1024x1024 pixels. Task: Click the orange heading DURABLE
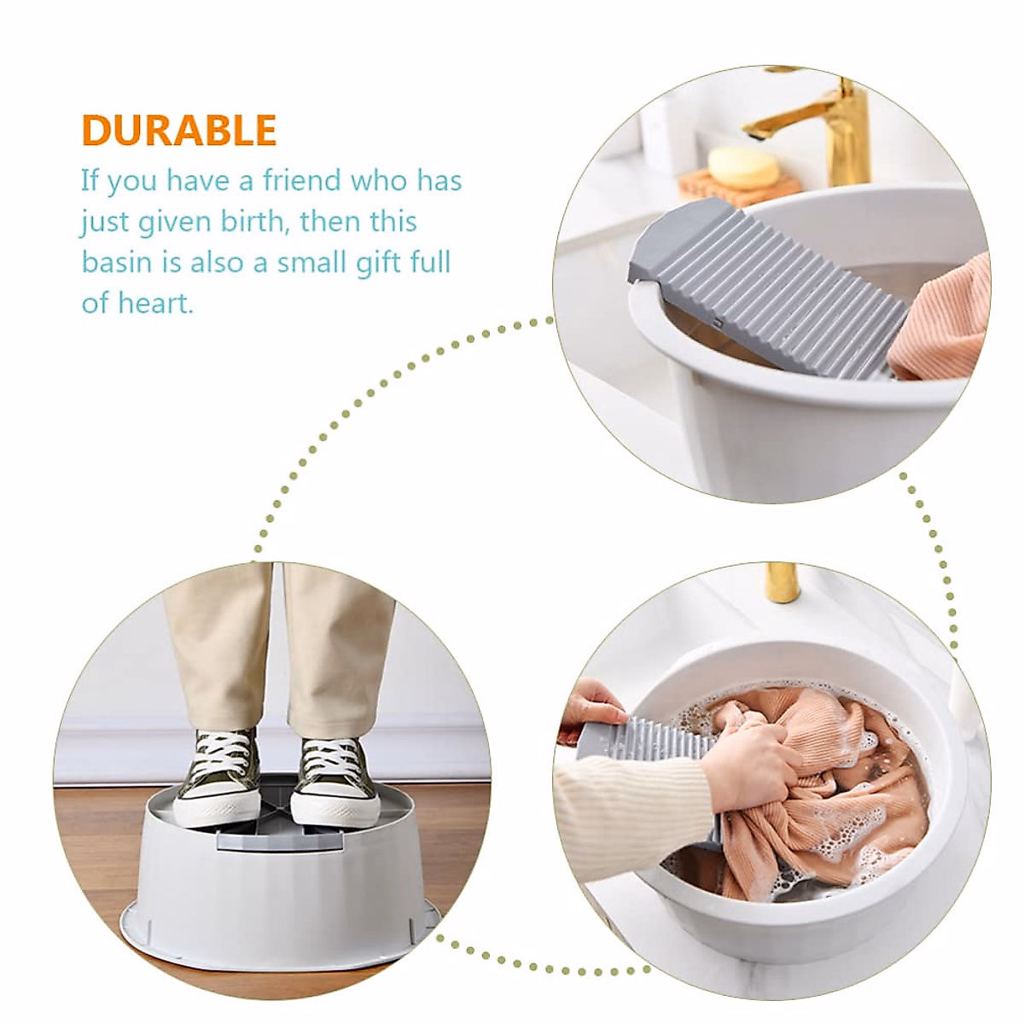179,131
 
